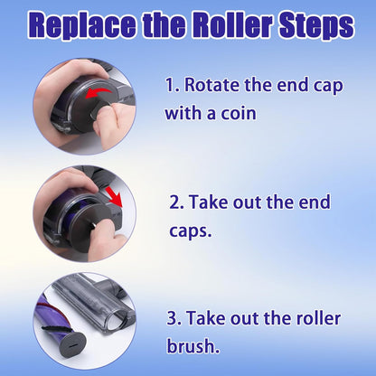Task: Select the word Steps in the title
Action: (x=316, y=25)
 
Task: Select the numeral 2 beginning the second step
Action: (x=174, y=202)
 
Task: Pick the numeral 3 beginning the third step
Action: (x=172, y=318)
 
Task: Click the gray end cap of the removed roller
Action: (x=69, y=345)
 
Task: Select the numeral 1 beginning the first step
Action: (x=170, y=85)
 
